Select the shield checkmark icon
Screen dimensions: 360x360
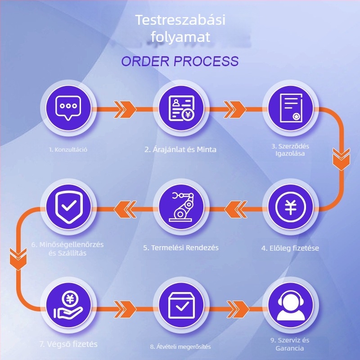(69, 207)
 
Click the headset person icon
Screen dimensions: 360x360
(291, 306)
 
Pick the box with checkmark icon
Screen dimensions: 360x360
(181, 306)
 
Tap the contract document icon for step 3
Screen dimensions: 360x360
(291, 108)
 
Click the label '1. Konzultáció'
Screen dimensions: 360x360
(68, 150)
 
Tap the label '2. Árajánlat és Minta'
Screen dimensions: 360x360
(180, 150)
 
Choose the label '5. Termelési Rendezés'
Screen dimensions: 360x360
(181, 248)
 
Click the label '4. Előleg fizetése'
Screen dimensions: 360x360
(290, 248)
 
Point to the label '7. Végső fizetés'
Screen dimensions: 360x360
(68, 344)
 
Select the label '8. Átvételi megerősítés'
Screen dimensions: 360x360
(180, 346)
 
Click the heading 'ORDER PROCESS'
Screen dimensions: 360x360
(180, 61)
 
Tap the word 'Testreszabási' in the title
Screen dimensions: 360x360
(180, 20)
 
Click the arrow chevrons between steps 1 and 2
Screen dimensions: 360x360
(125, 109)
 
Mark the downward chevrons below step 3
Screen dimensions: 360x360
(342, 159)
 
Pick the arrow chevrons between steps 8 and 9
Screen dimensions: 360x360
(238, 309)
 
